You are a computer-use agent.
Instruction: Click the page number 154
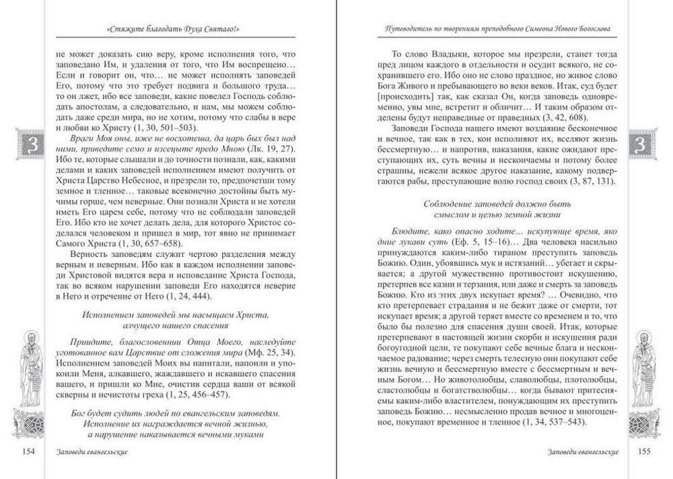(26, 451)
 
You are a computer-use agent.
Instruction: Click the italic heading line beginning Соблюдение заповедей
(498, 204)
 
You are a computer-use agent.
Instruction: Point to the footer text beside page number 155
(583, 451)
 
